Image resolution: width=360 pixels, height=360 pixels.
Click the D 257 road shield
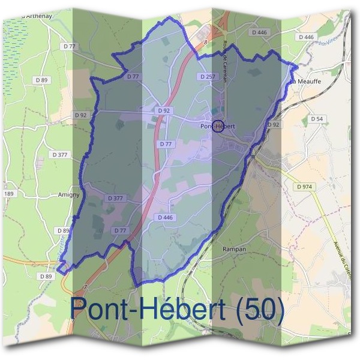click(x=206, y=77)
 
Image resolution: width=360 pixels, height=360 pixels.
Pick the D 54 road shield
click(x=317, y=119)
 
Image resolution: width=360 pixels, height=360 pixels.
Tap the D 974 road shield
click(x=304, y=187)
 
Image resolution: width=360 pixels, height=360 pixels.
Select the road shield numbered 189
click(x=8, y=194)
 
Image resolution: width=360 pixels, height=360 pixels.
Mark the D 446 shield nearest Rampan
click(x=164, y=217)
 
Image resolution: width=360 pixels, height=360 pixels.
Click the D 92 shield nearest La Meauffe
click(x=273, y=125)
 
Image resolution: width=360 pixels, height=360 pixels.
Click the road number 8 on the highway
click(x=206, y=42)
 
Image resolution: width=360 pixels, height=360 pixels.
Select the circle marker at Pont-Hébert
click(x=218, y=126)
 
